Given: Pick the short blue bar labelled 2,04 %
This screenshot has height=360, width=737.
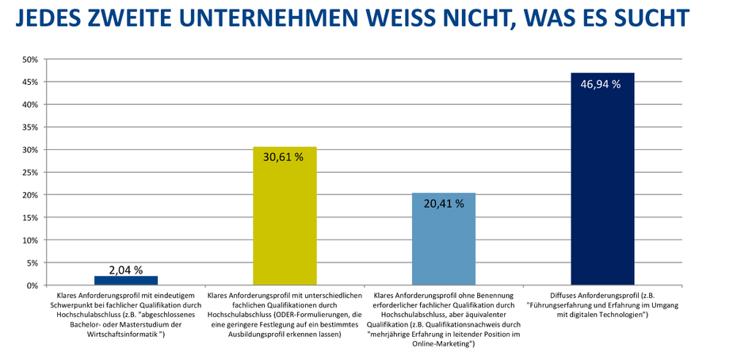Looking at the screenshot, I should [126, 280].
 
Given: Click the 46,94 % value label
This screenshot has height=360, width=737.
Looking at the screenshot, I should [602, 83].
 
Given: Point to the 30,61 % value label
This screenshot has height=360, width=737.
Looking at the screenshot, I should [284, 157].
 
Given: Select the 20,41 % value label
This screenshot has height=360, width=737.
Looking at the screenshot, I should [444, 203].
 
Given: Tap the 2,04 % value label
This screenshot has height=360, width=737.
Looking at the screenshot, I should [126, 270].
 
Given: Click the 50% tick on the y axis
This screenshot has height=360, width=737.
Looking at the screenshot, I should [30, 59].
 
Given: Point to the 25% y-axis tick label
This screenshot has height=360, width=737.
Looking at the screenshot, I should [30, 172].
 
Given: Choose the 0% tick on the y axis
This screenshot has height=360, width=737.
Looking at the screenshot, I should [32, 285].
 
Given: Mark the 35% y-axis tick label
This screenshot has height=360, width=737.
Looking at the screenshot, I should [30, 127].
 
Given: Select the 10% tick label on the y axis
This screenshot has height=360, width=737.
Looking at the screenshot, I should [30, 240].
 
